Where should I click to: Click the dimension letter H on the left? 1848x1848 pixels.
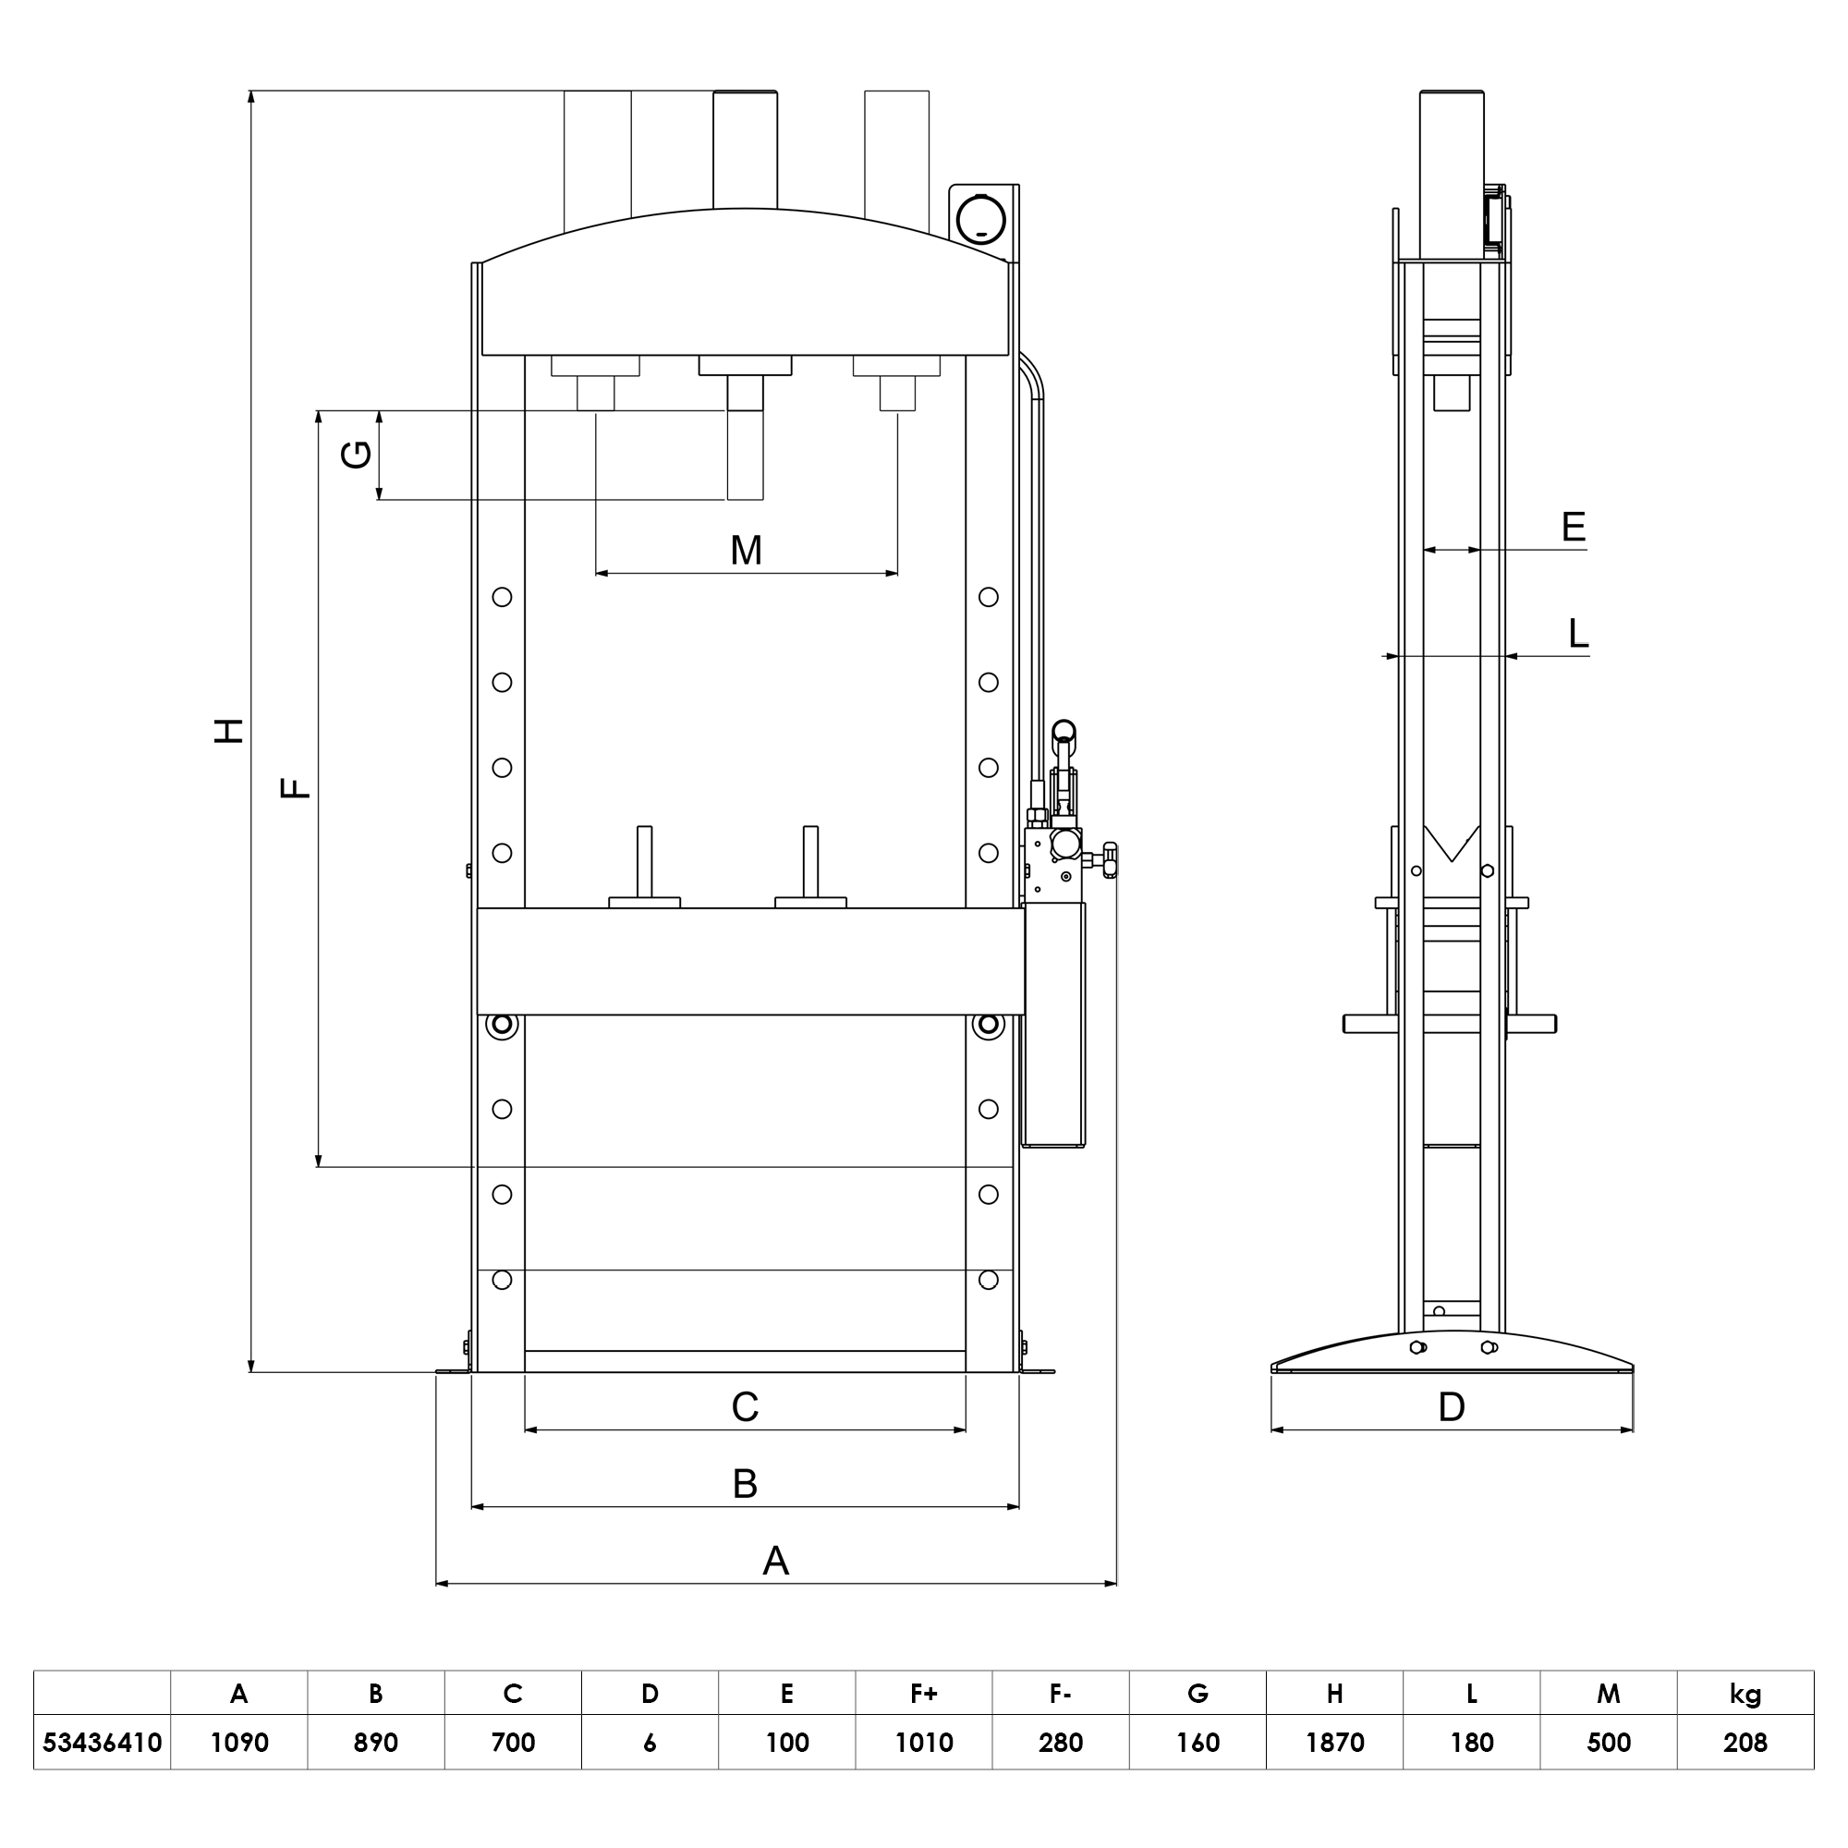click(x=228, y=731)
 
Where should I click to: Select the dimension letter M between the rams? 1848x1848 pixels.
click(x=746, y=551)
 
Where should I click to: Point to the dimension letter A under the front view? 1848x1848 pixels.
click(x=776, y=1561)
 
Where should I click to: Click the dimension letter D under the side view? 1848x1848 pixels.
click(x=1451, y=1407)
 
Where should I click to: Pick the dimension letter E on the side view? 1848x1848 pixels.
click(x=1573, y=527)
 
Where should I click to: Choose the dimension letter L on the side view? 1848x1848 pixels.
click(x=1578, y=633)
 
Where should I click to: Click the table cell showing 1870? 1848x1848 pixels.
click(x=1334, y=1743)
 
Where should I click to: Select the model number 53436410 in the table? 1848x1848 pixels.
click(x=103, y=1743)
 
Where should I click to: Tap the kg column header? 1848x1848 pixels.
click(x=1745, y=1694)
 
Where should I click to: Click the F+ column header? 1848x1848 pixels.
click(x=923, y=1694)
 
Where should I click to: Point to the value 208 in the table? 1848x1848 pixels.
click(x=1745, y=1743)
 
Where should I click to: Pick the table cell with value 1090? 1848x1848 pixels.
click(x=239, y=1743)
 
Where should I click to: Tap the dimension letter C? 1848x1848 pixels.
click(x=745, y=1407)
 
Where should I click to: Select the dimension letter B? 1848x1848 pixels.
click(x=745, y=1484)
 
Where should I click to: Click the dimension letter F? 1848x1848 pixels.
click(x=296, y=788)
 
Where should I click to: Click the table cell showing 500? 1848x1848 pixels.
click(x=1608, y=1743)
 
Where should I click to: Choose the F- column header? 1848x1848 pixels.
click(x=1060, y=1694)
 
